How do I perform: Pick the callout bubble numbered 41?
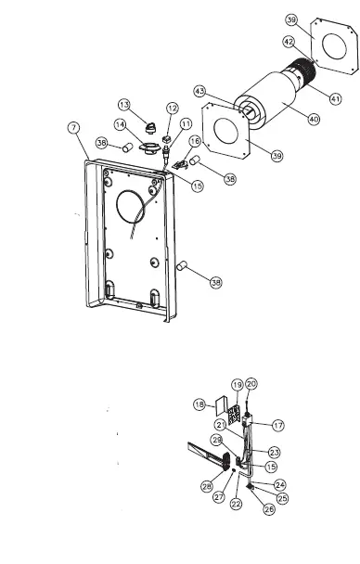[x=334, y=98]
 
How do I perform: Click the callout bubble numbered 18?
[x=198, y=405]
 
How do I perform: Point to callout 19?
[x=237, y=385]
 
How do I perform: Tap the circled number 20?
[x=251, y=384]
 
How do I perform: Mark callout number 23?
[x=274, y=452]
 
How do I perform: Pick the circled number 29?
[x=217, y=440]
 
